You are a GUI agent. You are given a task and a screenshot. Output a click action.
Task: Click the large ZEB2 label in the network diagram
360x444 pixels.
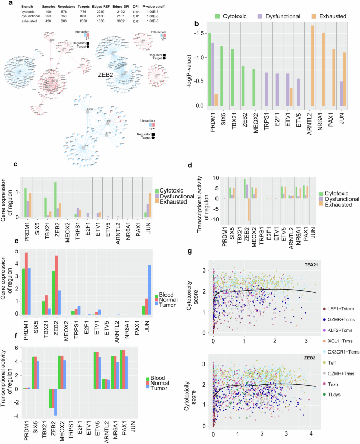tap(107, 75)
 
